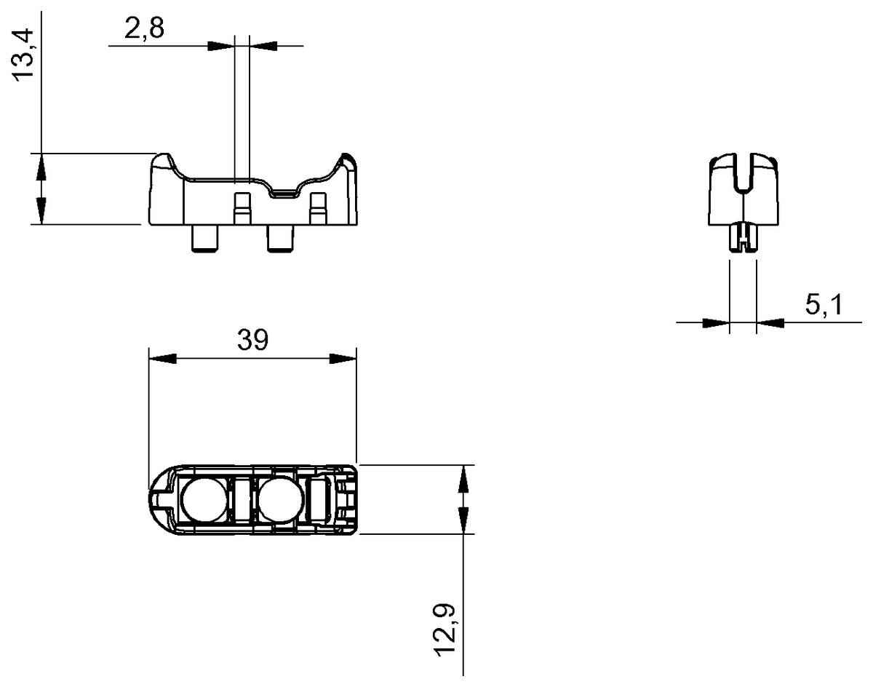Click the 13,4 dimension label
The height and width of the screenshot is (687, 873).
pos(25,55)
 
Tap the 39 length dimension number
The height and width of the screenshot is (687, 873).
pos(252,340)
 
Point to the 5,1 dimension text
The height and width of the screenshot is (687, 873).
pos(823,305)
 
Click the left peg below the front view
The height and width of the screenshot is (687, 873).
pos(204,238)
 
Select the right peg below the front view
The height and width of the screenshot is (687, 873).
pos(280,238)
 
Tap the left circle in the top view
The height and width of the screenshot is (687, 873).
pos(203,500)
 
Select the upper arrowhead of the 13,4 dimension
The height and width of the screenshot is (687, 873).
pos(41,167)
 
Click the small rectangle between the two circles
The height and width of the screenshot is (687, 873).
pos(241,499)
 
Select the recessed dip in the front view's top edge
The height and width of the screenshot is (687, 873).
pos(282,192)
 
